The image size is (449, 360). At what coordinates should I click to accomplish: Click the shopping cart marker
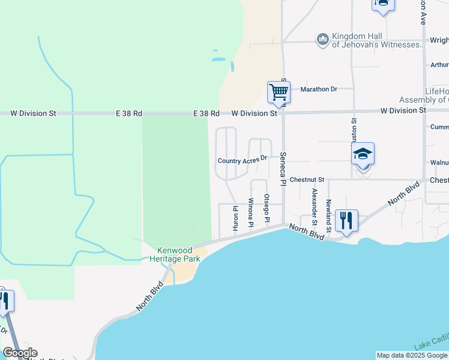279,92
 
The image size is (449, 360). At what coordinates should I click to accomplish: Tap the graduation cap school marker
363,154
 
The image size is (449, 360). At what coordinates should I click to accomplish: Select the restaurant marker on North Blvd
347,220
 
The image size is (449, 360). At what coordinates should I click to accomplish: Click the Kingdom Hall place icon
323,39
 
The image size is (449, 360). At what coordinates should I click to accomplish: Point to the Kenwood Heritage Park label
178,254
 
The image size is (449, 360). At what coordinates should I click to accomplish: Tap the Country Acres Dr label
242,160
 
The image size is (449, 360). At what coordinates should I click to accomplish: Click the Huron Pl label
235,220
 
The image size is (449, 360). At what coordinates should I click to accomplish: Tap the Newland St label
328,215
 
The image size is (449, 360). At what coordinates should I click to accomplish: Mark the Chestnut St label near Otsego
307,179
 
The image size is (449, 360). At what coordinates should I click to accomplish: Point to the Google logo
20,353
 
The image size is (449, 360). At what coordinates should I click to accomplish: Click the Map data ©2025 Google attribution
411,355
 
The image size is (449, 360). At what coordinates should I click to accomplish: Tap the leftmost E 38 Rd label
130,113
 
